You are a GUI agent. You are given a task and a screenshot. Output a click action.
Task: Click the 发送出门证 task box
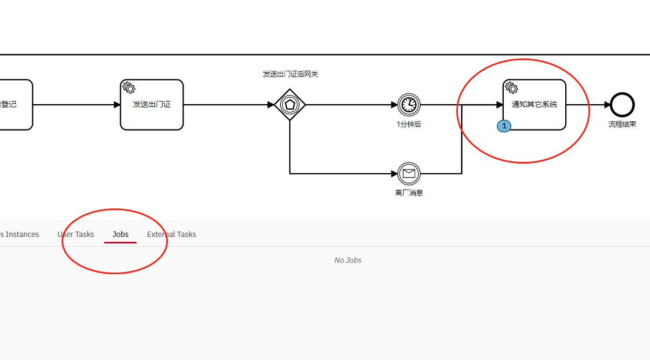[152, 105]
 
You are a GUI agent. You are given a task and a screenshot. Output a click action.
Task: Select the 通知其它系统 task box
[534, 105]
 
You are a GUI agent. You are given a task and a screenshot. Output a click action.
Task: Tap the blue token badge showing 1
[504, 126]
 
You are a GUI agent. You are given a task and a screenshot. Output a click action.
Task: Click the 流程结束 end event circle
[622, 105]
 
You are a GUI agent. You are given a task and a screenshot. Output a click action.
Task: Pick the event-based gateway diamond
[290, 105]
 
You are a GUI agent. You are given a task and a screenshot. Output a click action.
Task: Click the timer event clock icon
[409, 105]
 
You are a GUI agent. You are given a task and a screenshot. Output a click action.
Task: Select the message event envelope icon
[409, 174]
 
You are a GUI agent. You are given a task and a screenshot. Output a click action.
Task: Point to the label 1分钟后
[409, 124]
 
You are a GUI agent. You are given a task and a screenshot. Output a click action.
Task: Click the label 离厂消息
[409, 193]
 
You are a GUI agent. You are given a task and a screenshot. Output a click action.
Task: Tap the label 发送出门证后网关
[290, 74]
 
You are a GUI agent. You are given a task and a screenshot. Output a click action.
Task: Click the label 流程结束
[622, 124]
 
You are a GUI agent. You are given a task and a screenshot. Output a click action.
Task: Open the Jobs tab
[120, 234]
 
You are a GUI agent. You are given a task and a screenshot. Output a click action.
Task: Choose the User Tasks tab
[76, 234]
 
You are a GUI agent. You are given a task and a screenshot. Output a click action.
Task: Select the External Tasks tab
[171, 234]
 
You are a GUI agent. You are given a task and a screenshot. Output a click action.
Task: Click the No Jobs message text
[348, 260]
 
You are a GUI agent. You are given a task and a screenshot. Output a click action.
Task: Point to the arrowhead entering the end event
[607, 105]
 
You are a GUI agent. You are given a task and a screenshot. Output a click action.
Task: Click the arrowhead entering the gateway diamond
[271, 105]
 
